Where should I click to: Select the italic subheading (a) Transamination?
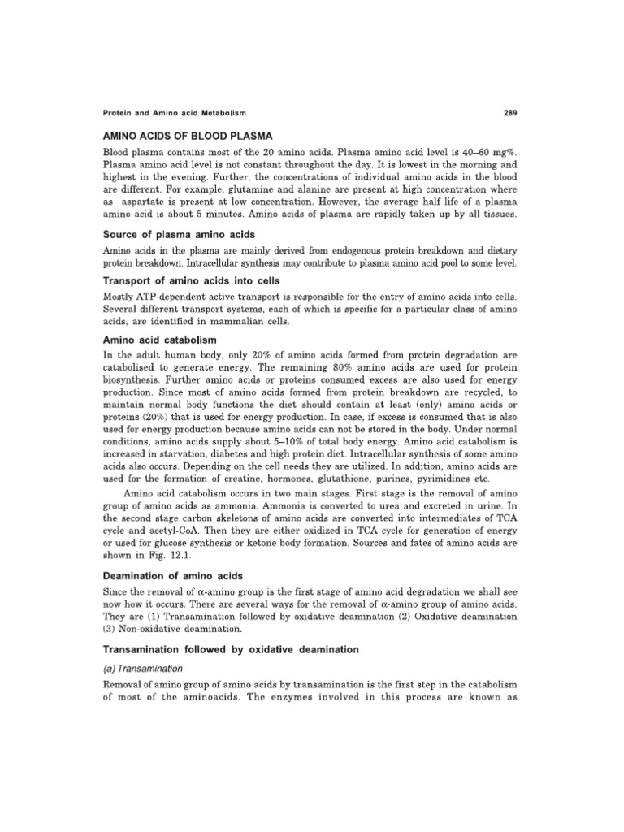pyautogui.click(x=142, y=669)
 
